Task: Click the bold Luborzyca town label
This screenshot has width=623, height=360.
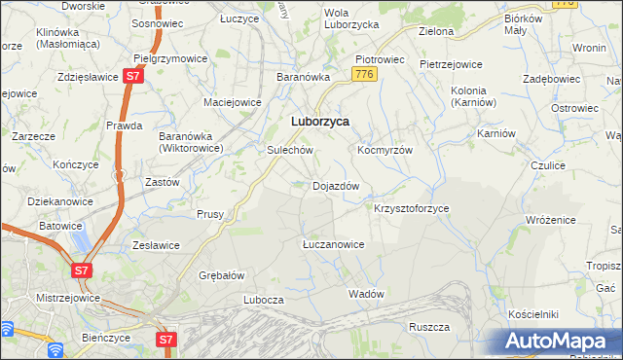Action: [321, 122]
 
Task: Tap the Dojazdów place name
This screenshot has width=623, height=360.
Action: [337, 185]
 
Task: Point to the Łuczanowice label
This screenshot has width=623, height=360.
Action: [333, 244]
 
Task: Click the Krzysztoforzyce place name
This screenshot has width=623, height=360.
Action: [412, 208]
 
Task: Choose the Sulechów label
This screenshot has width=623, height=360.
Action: [290, 151]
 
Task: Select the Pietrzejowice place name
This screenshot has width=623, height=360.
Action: [451, 64]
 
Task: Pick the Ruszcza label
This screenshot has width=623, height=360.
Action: [428, 327]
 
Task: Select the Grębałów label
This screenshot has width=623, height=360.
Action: [221, 274]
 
